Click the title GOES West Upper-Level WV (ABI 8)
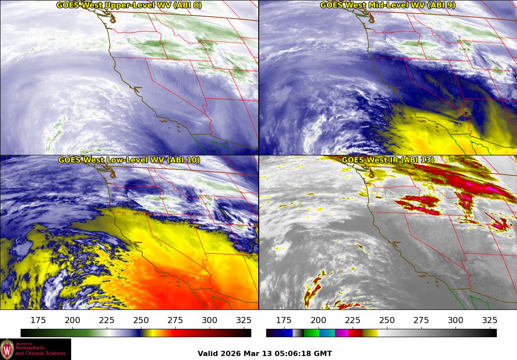click(129, 5)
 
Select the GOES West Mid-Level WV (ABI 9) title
click(387, 5)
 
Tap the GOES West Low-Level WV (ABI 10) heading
click(129, 160)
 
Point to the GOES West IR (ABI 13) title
click(387, 160)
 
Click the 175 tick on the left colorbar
click(38, 320)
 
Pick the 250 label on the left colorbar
click(141, 320)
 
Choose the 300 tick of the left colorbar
click(210, 320)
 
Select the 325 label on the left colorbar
click(244, 320)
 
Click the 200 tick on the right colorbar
click(318, 320)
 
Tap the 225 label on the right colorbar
click(353, 320)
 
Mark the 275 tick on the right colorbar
click(421, 320)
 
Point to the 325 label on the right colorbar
click(490, 320)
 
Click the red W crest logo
click(7, 349)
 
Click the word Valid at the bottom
click(208, 353)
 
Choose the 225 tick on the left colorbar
click(107, 320)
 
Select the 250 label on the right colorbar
click(387, 320)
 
